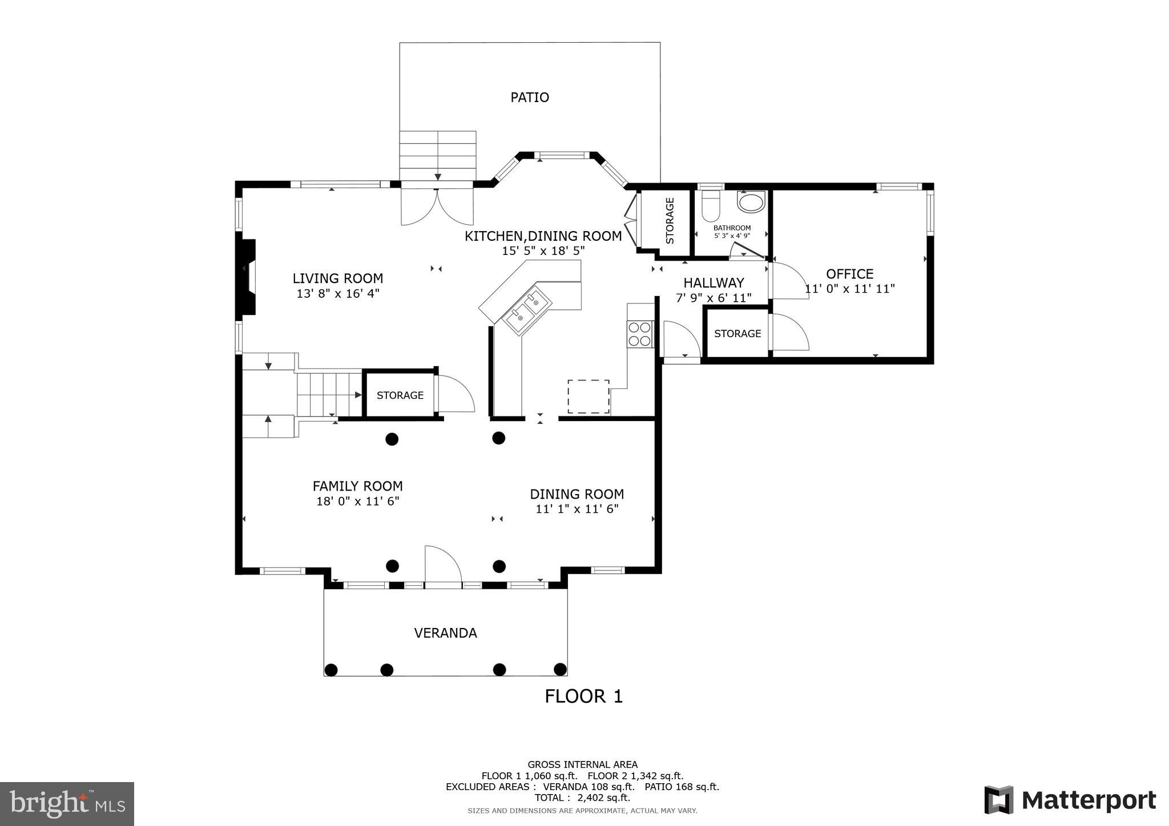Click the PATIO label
coord(529,98)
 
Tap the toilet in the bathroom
coord(710,206)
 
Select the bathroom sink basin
coord(751,203)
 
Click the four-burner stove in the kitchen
coord(640,334)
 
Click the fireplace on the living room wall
coord(247,277)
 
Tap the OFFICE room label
coord(849,274)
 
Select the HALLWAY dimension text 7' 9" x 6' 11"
coord(714,298)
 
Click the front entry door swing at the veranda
coord(443,566)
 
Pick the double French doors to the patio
coord(437,206)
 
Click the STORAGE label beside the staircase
coord(400,395)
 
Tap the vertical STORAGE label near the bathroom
coord(670,221)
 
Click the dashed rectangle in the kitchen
coord(588,396)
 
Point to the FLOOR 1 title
coord(583,697)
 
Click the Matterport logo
coord(1070,800)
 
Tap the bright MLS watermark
coord(67,804)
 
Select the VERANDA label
coord(445,633)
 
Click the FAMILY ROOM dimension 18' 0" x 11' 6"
coord(357,501)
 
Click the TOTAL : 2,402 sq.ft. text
coord(582,797)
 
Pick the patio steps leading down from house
coord(437,155)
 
